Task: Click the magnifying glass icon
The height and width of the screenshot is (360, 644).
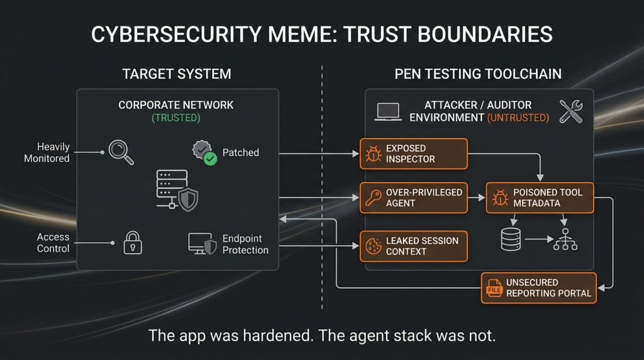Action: (x=121, y=152)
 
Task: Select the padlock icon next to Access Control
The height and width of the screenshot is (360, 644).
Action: (x=132, y=242)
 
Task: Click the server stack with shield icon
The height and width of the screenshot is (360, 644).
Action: (x=177, y=189)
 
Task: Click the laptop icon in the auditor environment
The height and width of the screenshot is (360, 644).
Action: (x=388, y=111)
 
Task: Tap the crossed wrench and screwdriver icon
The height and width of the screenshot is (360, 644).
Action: (x=570, y=111)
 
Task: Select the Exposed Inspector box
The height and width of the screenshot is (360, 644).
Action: (x=414, y=154)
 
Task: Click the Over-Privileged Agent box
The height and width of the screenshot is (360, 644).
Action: (x=414, y=198)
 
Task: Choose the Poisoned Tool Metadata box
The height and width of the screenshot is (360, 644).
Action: (x=540, y=198)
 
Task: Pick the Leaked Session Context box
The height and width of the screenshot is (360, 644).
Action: (x=414, y=246)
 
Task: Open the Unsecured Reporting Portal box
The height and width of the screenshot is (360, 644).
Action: (x=538, y=288)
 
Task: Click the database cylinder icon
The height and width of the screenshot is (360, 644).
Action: (x=511, y=240)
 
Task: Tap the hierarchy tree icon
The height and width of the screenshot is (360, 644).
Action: (x=565, y=240)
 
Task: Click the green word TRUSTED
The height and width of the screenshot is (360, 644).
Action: (x=177, y=118)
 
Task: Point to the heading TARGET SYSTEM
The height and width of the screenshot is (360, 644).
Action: (x=177, y=74)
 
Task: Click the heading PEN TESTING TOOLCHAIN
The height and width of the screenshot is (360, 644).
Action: (x=478, y=74)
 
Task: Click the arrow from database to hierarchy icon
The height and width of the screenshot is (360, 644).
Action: (x=538, y=240)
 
